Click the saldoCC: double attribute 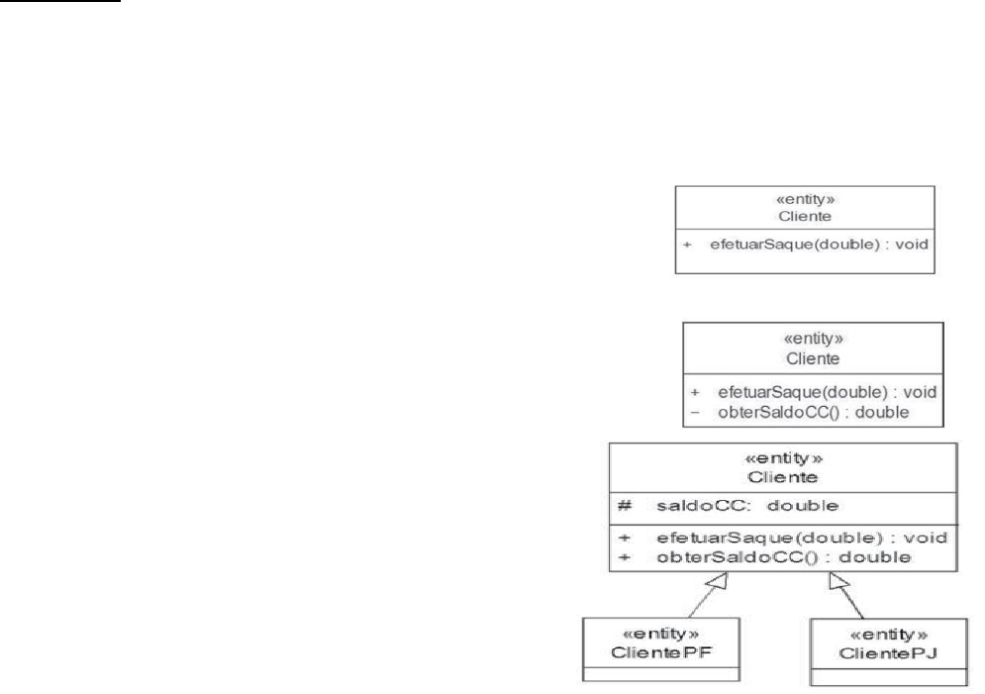click(x=746, y=506)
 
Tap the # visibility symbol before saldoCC click(x=625, y=506)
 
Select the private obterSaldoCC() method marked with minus click(x=814, y=413)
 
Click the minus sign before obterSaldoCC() click(x=695, y=413)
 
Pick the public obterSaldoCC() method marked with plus click(x=783, y=557)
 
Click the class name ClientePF click(x=661, y=652)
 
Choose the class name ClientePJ click(x=888, y=653)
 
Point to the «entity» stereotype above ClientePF click(x=660, y=633)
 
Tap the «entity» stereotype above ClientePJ click(x=888, y=635)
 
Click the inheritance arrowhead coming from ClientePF click(x=718, y=581)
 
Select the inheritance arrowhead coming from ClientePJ click(x=837, y=581)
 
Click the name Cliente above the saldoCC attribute click(x=783, y=477)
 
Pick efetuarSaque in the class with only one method click(x=760, y=245)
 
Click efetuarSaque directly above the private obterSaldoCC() click(x=769, y=392)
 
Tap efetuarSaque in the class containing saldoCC click(x=728, y=538)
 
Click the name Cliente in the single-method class click(x=805, y=216)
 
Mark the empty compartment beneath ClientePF click(x=661, y=674)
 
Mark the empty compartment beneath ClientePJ click(x=889, y=677)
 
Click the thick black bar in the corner click(x=59, y=1)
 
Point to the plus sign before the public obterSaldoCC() click(x=625, y=557)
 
